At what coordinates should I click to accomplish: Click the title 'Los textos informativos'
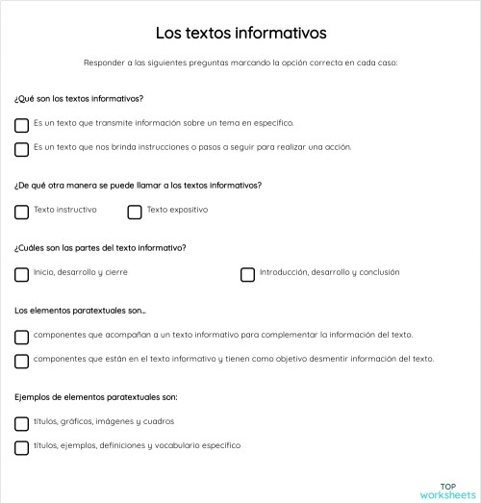[x=240, y=33]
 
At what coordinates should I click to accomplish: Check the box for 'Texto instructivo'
[x=22, y=212]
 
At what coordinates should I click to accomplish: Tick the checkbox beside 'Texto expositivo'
[x=135, y=212]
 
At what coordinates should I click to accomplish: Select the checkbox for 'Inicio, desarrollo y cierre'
[x=22, y=274]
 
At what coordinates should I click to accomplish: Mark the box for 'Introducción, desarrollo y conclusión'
[x=247, y=274]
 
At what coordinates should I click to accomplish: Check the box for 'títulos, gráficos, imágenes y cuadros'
[x=22, y=423]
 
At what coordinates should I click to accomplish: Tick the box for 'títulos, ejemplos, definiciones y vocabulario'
[x=22, y=447]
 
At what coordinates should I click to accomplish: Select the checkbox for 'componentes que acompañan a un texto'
[x=22, y=337]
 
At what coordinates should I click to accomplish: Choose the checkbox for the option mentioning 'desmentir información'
[x=22, y=361]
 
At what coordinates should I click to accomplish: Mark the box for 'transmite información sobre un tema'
[x=22, y=125]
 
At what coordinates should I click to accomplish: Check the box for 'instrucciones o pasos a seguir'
[x=22, y=149]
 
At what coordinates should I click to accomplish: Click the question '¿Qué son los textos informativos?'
[x=79, y=99]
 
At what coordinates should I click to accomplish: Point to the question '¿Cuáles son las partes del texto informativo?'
[x=100, y=247]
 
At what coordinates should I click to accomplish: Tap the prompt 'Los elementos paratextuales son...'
[x=80, y=311]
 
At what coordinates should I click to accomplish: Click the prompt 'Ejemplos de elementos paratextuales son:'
[x=95, y=396]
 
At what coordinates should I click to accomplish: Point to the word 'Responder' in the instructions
[x=102, y=63]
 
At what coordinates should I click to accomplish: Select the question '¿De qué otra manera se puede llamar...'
[x=138, y=185]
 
